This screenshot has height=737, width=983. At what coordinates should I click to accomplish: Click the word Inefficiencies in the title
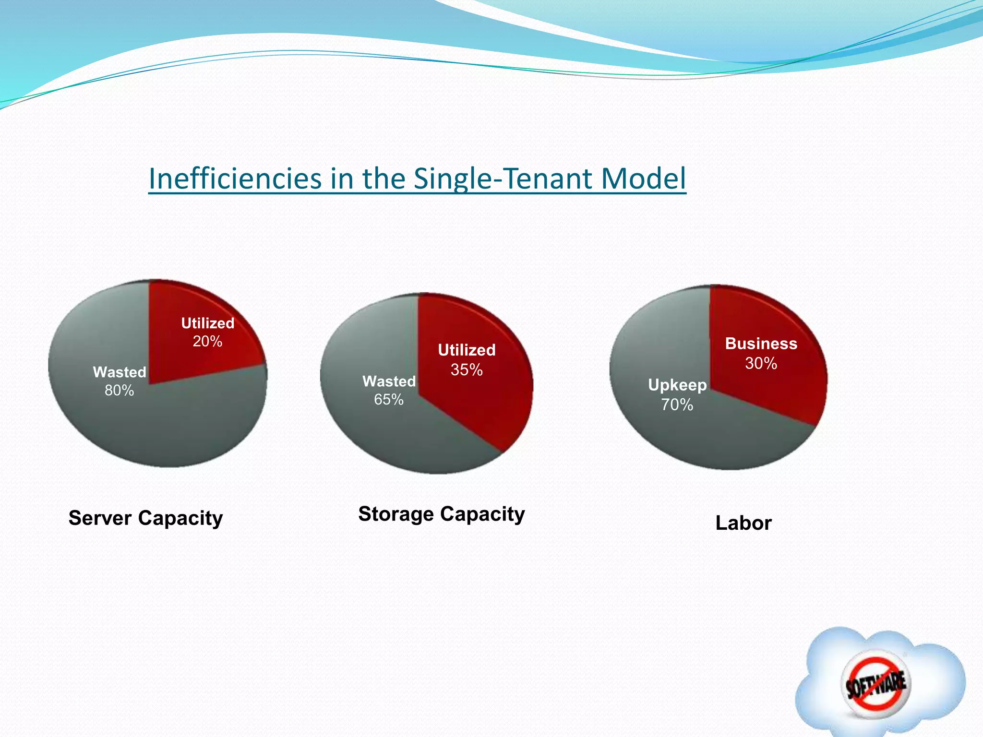(235, 178)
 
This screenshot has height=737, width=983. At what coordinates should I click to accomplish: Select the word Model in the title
(643, 178)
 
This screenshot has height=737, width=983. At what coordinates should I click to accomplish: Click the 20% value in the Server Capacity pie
(207, 341)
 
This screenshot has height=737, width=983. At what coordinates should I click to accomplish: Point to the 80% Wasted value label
(119, 391)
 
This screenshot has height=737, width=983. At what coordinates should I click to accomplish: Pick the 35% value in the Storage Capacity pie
(467, 369)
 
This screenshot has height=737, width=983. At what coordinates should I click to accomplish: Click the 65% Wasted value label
(389, 399)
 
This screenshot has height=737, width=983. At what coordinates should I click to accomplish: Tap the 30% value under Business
(761, 363)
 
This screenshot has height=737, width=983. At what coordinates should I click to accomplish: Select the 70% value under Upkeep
(677, 405)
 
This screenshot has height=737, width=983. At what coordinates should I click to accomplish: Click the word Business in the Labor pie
(761, 344)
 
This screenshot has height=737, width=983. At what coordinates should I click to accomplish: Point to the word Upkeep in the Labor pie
(677, 385)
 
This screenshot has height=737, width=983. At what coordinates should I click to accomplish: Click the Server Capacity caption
(145, 518)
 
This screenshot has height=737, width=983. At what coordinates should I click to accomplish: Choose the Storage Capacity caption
(441, 514)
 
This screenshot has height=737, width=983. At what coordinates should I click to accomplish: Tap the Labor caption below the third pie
(743, 523)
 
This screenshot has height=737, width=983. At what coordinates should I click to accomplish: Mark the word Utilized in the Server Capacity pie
(207, 323)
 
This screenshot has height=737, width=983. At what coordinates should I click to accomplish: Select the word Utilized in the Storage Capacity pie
(467, 350)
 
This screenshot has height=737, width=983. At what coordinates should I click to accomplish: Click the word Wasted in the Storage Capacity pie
(389, 381)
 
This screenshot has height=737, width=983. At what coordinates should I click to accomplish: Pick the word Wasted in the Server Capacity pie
(119, 372)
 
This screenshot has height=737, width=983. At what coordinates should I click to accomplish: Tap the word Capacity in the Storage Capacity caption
(483, 514)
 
